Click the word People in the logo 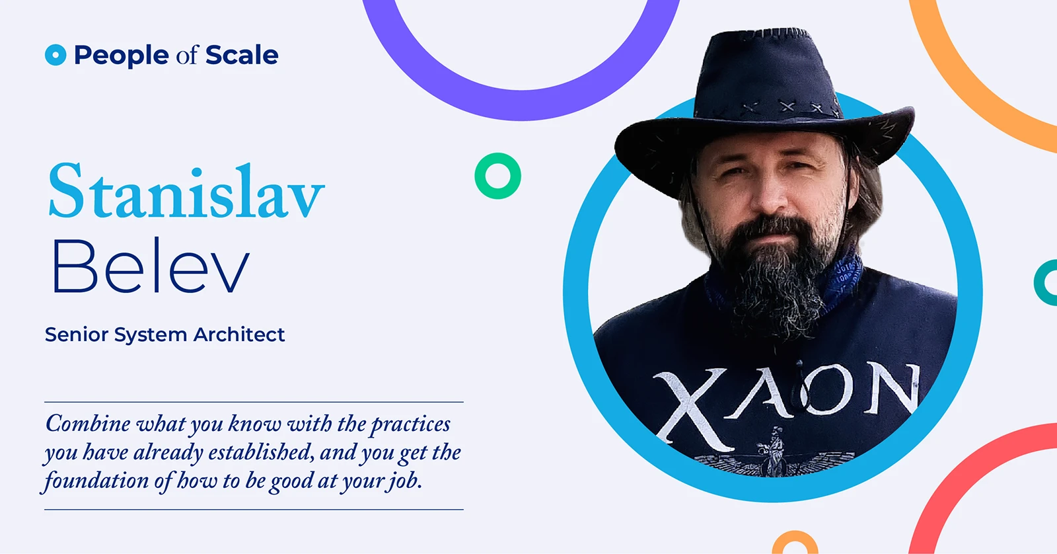(x=122, y=56)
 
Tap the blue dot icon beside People (x=55, y=55)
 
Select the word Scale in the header (x=242, y=55)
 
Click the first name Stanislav (x=187, y=191)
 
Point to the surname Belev (x=150, y=266)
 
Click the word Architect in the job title (x=238, y=335)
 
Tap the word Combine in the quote (x=88, y=424)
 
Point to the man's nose (x=769, y=198)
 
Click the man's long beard (x=774, y=279)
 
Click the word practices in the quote (x=410, y=424)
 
